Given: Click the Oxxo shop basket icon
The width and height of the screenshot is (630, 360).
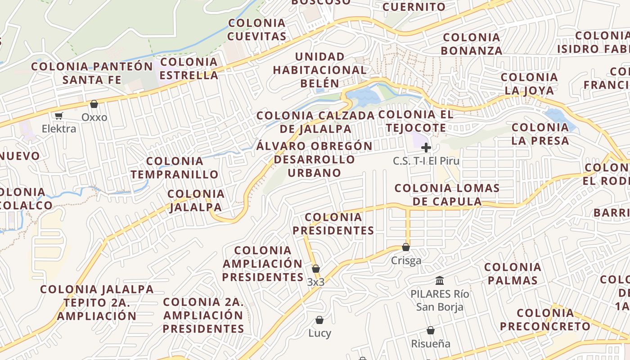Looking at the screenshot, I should (x=94, y=104).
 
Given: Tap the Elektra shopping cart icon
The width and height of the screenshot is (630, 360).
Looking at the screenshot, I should (x=58, y=116).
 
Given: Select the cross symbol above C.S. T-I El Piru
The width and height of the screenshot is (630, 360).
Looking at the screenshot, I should (x=426, y=148).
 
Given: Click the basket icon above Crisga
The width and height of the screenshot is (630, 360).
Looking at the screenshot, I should (x=406, y=247).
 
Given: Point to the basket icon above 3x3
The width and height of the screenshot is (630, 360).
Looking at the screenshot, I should (x=316, y=269).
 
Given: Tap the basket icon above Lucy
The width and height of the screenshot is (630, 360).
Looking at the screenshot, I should (x=319, y=320).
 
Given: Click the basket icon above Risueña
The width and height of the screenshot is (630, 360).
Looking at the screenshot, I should (x=431, y=330).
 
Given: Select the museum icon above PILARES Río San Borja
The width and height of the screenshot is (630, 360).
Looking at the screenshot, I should (x=440, y=281).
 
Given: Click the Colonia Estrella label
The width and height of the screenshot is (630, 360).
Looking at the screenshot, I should (x=189, y=68).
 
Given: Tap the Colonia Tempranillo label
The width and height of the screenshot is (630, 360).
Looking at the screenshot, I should (x=175, y=167).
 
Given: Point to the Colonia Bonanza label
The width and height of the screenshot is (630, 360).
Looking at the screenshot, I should (x=472, y=44).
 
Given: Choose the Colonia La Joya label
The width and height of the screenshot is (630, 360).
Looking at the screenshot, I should (x=529, y=84).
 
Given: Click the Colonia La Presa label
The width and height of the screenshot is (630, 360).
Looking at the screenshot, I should (x=540, y=134).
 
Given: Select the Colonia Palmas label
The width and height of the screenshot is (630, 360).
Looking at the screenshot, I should (x=513, y=274).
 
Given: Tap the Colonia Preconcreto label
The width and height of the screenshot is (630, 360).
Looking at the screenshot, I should (x=545, y=319).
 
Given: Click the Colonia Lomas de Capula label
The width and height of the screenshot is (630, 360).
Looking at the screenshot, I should (x=447, y=194).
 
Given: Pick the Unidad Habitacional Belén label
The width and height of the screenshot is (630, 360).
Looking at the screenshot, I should (x=319, y=70).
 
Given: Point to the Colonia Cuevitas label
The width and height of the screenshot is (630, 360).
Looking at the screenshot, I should (x=257, y=29).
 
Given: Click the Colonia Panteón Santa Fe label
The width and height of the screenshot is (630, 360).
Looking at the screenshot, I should (x=92, y=73).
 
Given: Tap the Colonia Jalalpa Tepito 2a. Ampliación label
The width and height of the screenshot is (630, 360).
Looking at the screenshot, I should (x=97, y=302).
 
